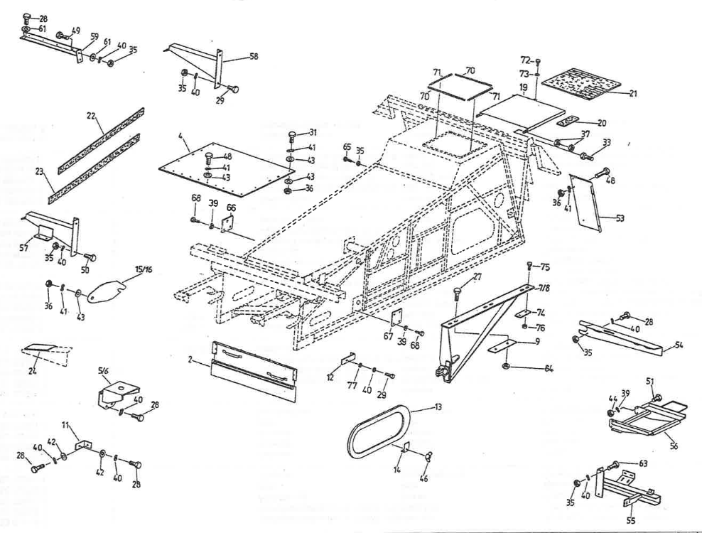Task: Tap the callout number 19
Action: coord(522,87)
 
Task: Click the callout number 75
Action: coord(545,267)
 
